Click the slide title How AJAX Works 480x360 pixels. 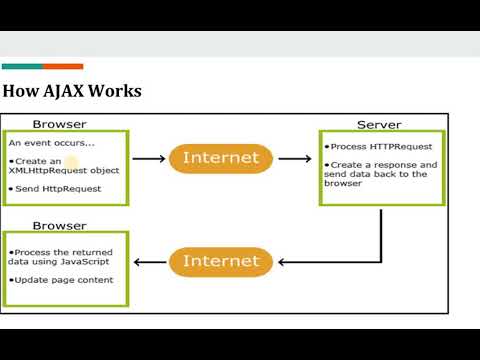pos(72,92)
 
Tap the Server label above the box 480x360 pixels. pos(379,125)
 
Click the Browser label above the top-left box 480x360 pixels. pos(59,124)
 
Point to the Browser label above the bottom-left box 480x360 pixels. pos(59,226)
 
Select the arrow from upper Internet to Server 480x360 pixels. pos(294,158)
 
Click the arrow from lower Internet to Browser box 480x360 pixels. pos(149,262)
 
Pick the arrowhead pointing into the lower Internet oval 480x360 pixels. pos(282,262)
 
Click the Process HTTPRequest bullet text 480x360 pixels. pos(381,147)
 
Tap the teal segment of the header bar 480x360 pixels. pos(21,67)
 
